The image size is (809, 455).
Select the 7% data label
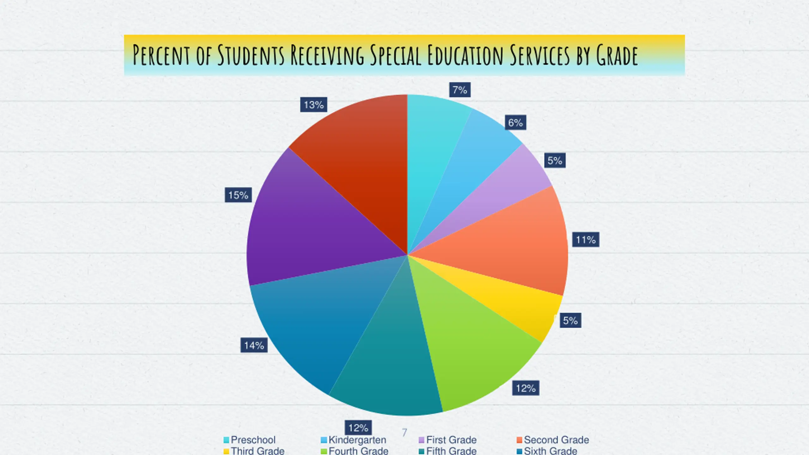pos(460,90)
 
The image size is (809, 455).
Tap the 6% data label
pos(515,123)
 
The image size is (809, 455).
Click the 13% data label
pos(313,105)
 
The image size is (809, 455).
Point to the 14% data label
pos(254,345)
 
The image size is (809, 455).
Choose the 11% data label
pos(586,240)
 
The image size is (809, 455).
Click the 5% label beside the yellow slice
pos(570,321)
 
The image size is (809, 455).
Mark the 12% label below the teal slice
pos(358,428)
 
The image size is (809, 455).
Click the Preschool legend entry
pos(250,440)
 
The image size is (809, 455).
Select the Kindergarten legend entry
pos(354,440)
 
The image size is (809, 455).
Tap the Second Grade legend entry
pos(553,440)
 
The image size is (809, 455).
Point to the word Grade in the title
pos(617,55)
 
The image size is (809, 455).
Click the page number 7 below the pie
pos(404,433)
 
